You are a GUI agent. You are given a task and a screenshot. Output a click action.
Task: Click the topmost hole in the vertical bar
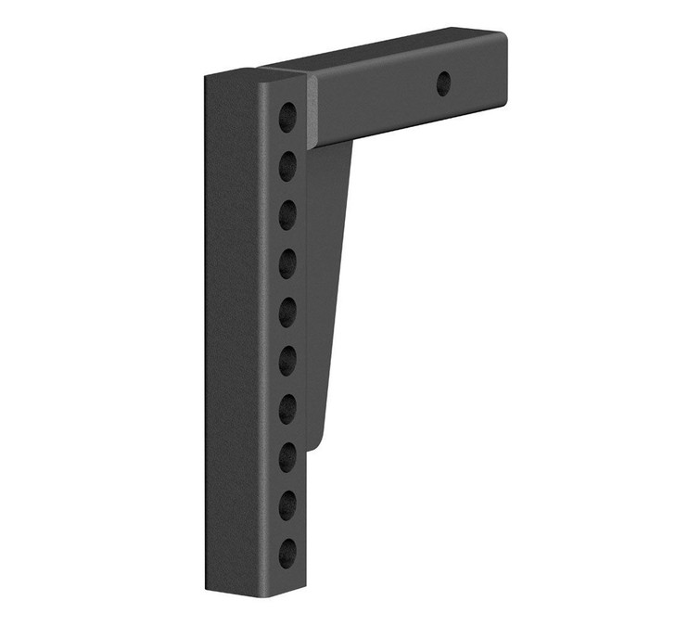[288, 117]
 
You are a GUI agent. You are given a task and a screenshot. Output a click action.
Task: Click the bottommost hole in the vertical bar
[287, 550]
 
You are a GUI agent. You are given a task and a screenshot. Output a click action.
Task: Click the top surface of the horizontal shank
[389, 52]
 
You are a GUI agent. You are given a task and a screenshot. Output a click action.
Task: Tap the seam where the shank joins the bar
[312, 111]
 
